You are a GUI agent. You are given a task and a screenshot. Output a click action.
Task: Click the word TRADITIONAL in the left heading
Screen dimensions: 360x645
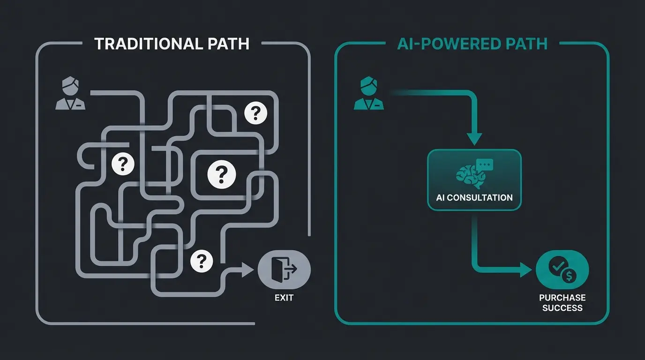click(146, 44)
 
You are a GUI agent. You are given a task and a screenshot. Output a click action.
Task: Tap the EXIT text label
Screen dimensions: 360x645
click(284, 297)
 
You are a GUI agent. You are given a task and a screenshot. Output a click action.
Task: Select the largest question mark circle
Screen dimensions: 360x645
click(222, 174)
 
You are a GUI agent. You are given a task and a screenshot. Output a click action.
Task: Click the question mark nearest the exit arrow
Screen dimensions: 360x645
click(202, 260)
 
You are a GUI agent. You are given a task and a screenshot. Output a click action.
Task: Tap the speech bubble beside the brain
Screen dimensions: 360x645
click(485, 165)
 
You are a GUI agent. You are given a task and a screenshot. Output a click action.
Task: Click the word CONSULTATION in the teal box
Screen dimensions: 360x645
click(480, 197)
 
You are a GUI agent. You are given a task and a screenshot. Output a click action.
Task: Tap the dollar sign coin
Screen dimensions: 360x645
click(570, 276)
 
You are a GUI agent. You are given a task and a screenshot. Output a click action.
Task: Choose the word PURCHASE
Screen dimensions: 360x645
click(562, 298)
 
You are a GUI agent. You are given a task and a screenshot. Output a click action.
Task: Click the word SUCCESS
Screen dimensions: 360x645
click(562, 308)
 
